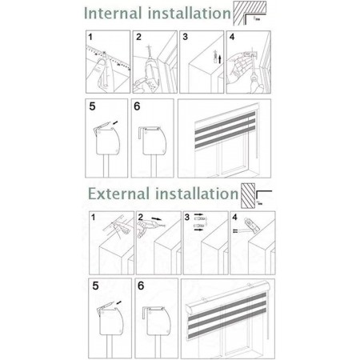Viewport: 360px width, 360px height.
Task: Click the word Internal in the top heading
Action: click(113, 13)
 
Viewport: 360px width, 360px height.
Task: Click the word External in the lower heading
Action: click(118, 194)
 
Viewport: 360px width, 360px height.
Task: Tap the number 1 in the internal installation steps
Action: click(90, 37)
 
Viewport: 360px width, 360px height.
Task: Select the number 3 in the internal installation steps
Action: click(186, 37)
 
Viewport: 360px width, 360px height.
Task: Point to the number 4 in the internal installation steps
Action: click(232, 37)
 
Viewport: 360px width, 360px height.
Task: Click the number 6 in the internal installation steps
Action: click(137, 106)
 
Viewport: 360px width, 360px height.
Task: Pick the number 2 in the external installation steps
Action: click(141, 218)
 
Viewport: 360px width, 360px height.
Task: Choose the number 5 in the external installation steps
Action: click(95, 286)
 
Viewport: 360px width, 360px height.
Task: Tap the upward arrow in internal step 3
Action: click(219, 59)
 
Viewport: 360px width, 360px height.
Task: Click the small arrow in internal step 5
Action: click(115, 122)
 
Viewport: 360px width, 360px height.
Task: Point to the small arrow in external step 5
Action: click(118, 302)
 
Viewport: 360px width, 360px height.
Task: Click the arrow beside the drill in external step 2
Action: click(157, 219)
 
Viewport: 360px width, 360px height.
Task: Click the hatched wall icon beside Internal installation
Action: click(250, 13)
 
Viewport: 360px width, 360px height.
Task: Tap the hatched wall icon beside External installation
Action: click(248, 196)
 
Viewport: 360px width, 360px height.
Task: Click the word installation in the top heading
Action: click(190, 13)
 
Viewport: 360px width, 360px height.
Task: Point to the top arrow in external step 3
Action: click(198, 214)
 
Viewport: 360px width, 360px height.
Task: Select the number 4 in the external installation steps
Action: click(234, 218)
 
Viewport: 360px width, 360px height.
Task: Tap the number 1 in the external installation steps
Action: click(93, 218)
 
